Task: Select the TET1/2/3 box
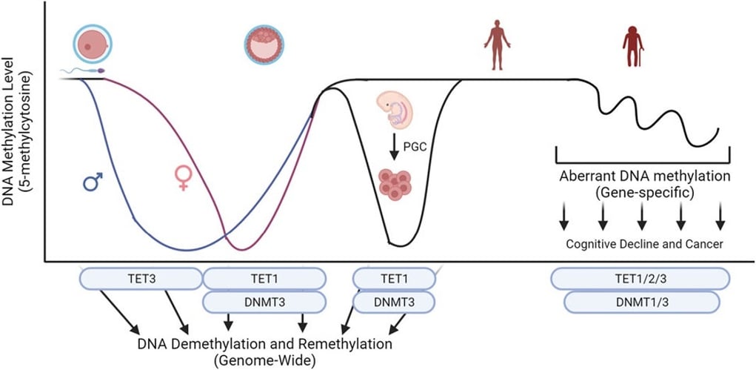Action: (x=640, y=278)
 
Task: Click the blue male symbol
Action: (x=93, y=181)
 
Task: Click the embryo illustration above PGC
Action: (x=398, y=110)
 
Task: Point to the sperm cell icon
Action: (x=83, y=72)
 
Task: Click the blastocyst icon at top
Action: (x=264, y=45)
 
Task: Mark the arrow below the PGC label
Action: (x=394, y=146)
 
